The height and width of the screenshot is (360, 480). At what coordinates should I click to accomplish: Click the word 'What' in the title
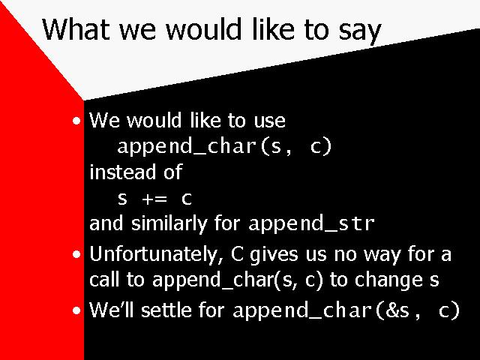click(76, 29)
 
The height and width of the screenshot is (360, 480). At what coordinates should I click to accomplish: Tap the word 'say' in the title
click(360, 32)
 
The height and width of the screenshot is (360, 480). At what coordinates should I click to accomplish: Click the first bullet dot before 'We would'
click(76, 121)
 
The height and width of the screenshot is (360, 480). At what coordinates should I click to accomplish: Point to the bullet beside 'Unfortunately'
click(76, 254)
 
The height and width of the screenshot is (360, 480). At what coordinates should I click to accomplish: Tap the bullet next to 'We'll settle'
click(76, 310)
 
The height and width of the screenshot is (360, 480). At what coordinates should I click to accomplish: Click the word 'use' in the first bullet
click(270, 121)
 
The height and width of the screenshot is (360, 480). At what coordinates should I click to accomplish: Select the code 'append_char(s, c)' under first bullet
click(224, 147)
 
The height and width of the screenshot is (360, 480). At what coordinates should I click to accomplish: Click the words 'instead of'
click(136, 172)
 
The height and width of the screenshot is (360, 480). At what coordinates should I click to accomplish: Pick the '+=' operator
click(154, 199)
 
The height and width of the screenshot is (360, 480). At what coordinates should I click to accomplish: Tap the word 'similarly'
click(169, 224)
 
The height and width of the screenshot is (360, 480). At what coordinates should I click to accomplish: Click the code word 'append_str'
click(312, 224)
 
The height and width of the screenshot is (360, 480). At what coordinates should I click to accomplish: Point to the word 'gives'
click(274, 256)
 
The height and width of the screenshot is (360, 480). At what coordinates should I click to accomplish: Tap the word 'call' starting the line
click(104, 280)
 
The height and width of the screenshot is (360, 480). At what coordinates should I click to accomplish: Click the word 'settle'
click(166, 310)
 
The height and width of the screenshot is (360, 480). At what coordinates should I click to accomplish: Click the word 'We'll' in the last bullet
click(112, 310)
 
